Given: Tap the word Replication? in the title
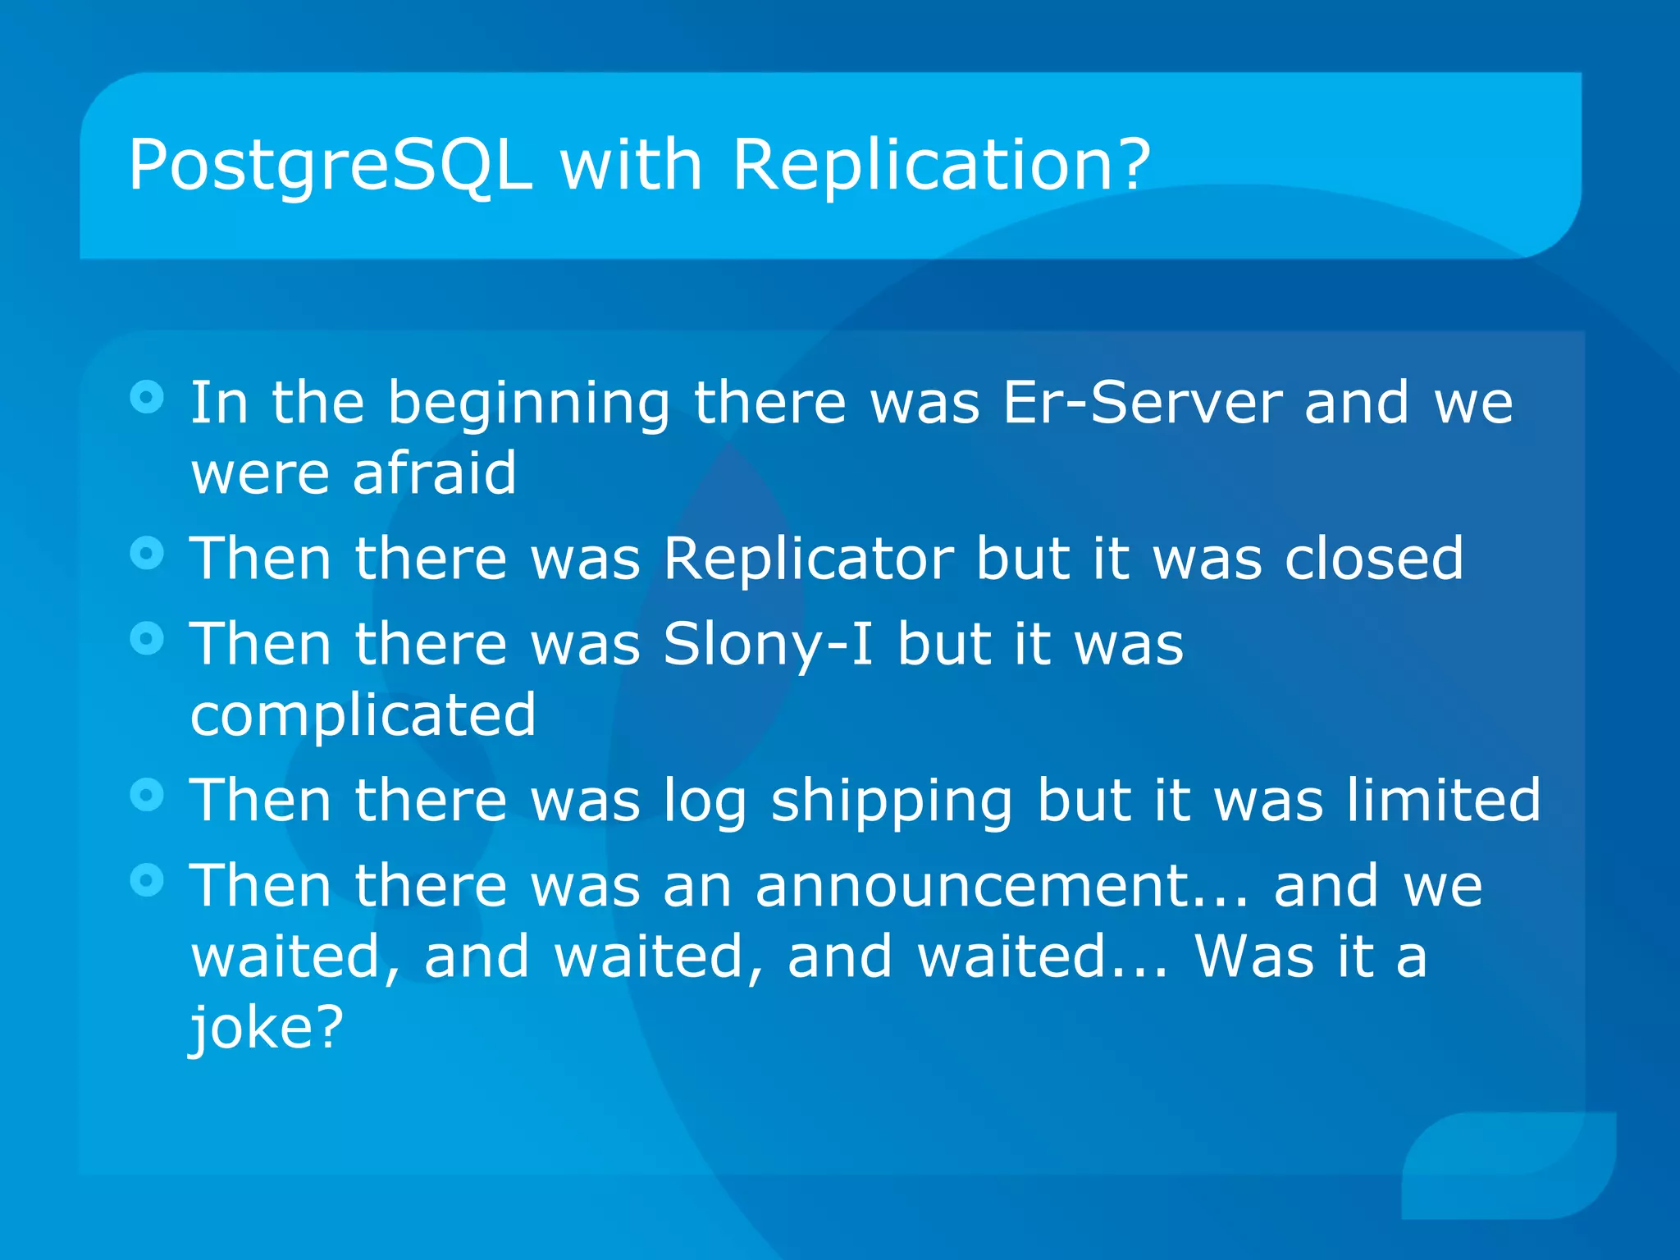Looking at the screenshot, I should point(941,167).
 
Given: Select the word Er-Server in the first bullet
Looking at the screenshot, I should point(1142,404).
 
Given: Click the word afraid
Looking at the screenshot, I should point(435,474).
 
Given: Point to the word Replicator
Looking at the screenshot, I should point(808,559).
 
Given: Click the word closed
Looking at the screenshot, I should point(1373,559).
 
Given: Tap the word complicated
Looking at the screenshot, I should point(363,715).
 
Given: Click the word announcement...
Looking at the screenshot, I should point(1001,887).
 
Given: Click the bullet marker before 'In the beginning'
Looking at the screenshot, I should point(147,398).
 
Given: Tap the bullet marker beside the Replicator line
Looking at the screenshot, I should point(147,554).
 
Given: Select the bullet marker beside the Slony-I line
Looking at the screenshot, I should point(147,639).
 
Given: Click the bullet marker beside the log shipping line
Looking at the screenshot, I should point(147,795).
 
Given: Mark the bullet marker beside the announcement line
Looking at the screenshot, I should point(147,881).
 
